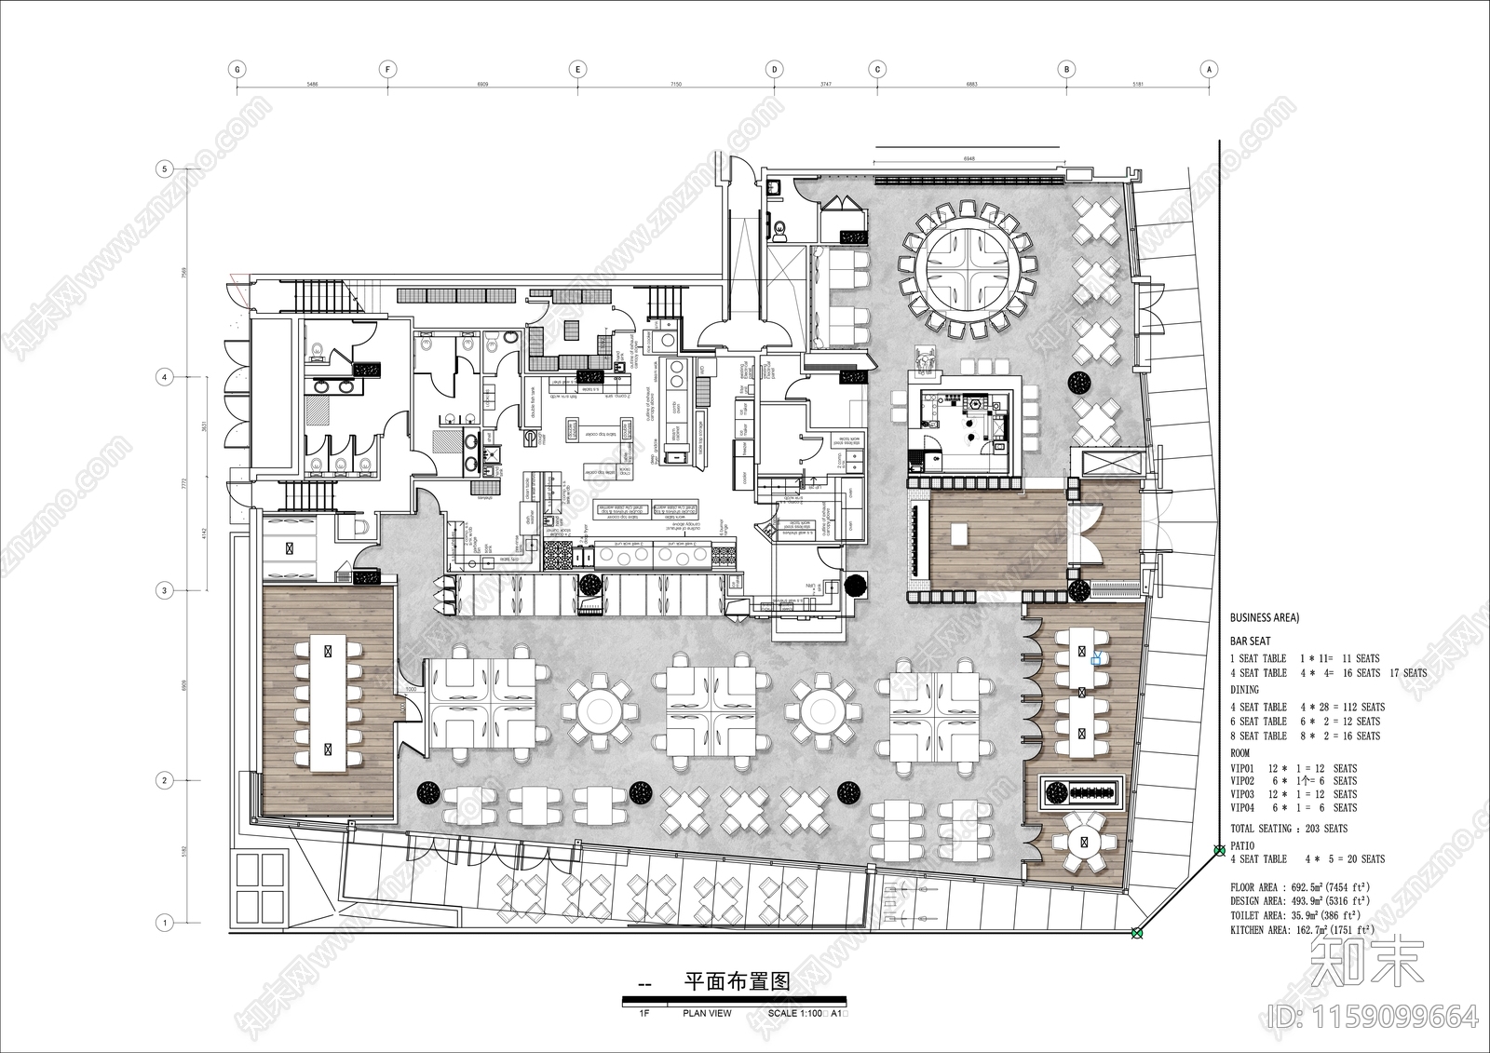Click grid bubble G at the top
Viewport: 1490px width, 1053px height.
[x=237, y=69]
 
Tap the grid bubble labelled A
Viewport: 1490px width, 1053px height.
[x=1209, y=69]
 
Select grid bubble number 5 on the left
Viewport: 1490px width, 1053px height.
[x=165, y=169]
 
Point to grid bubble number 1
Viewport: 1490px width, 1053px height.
[x=165, y=924]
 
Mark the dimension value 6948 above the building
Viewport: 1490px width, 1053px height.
[x=968, y=159]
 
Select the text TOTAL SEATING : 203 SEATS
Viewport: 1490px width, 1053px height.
[x=1289, y=829]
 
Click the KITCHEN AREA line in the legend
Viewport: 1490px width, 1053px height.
[x=1301, y=930]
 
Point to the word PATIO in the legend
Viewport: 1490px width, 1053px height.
[x=1243, y=845]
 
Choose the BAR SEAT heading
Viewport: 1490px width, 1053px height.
[x=1250, y=641]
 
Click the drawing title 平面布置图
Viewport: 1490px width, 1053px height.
[x=737, y=981]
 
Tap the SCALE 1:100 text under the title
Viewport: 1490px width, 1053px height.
[x=796, y=1013]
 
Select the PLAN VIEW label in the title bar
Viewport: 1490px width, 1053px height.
[x=707, y=1013]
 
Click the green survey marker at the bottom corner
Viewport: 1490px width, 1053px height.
[x=1136, y=934]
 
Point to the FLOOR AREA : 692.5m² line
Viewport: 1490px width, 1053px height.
[x=1300, y=888]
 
